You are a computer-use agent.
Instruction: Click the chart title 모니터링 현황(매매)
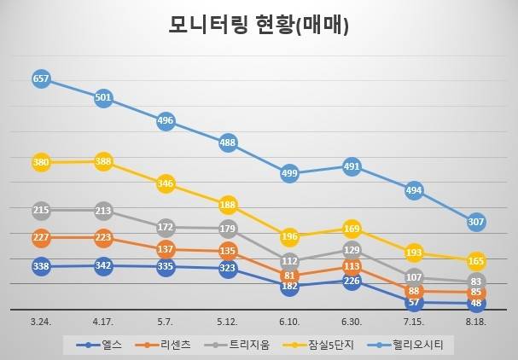pyautogui.click(x=259, y=26)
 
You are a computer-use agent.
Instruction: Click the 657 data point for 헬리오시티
pyautogui.click(x=41, y=78)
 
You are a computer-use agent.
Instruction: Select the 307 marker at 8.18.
pyautogui.click(x=476, y=222)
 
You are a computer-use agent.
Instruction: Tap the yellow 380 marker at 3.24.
pyautogui.click(x=41, y=162)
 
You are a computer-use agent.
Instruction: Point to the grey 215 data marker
pyautogui.click(x=41, y=210)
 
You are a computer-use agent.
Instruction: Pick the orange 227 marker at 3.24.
pyautogui.click(x=41, y=237)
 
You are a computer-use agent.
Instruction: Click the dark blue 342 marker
pyautogui.click(x=103, y=266)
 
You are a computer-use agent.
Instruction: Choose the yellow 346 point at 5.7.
pyautogui.click(x=166, y=183)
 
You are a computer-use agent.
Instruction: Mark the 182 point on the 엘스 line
pyautogui.click(x=290, y=287)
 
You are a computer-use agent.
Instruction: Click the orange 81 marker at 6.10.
pyautogui.click(x=290, y=276)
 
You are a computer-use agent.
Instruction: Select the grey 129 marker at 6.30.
pyautogui.click(x=352, y=250)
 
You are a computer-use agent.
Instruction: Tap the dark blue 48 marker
pyautogui.click(x=476, y=303)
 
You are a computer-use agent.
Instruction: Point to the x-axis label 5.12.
pyautogui.click(x=228, y=322)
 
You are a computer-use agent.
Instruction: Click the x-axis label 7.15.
pyautogui.click(x=414, y=322)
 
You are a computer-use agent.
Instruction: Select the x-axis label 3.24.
pyautogui.click(x=41, y=322)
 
